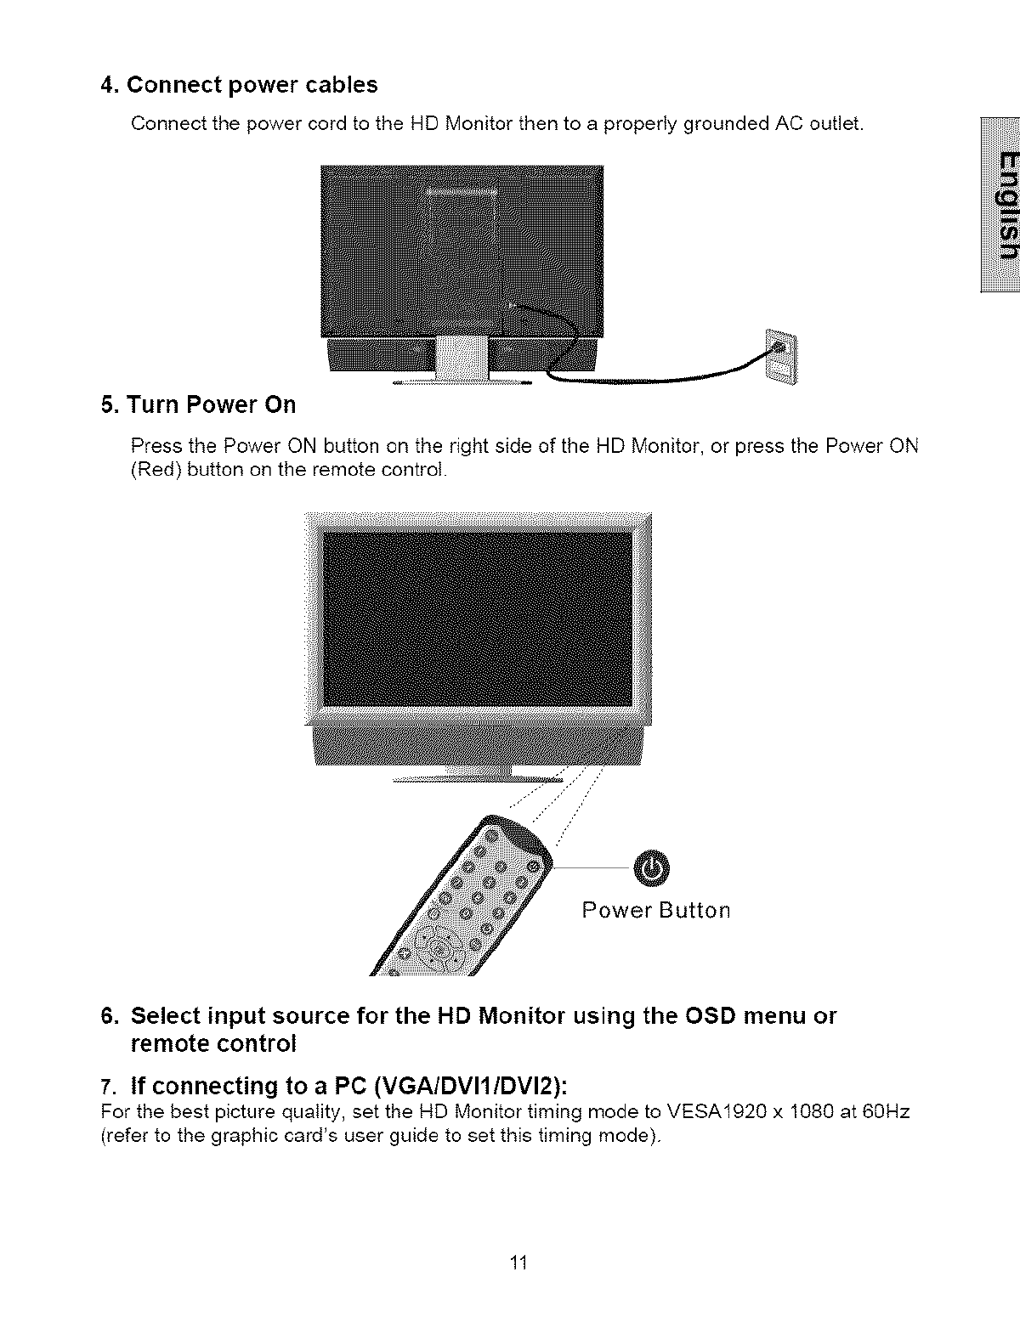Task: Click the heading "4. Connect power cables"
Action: [239, 85]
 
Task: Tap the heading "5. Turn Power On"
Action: [198, 404]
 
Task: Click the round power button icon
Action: [651, 867]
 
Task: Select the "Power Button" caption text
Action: [655, 911]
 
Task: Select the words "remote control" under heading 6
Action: [213, 1043]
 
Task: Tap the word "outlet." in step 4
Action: [836, 124]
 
